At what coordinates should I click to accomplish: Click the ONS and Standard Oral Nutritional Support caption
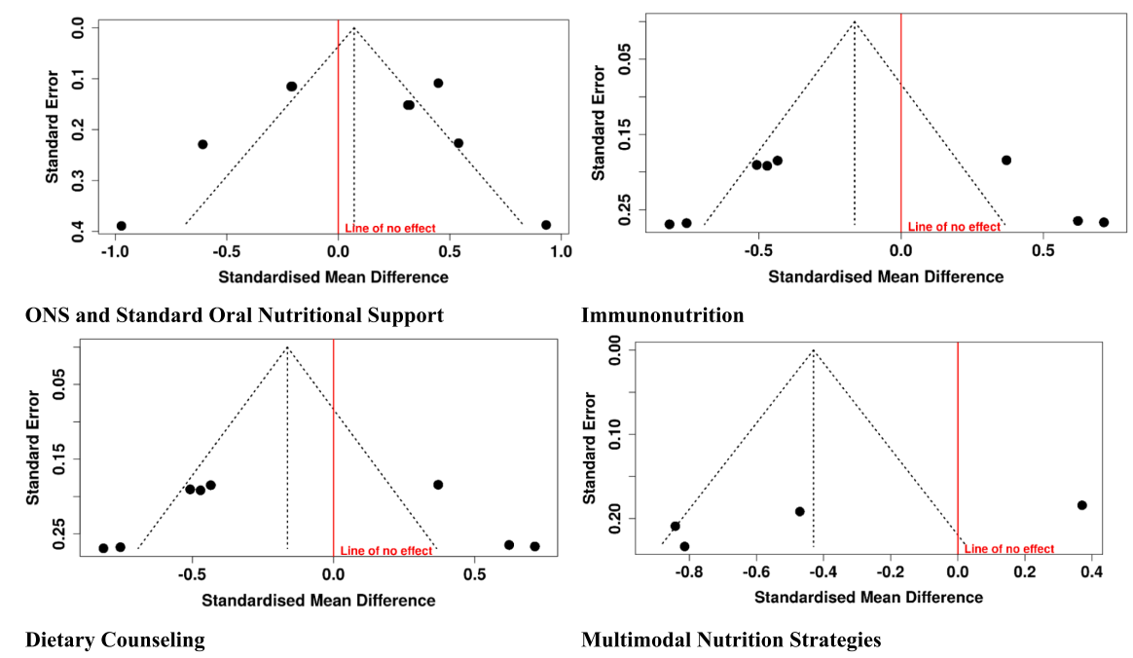pos(234,315)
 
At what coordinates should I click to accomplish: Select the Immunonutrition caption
pos(662,315)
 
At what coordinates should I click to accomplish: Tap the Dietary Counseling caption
pos(115,640)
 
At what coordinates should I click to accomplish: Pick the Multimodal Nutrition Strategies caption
pos(731,640)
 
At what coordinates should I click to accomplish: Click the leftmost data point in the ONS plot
pos(122,226)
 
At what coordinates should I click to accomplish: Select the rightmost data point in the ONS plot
pos(546,225)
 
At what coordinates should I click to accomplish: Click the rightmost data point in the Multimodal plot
pos(1082,505)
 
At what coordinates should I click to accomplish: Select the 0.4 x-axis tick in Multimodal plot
pos(1091,572)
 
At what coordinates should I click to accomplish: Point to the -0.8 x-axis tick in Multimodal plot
pos(689,572)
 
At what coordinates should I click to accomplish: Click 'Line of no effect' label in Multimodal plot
pos(1008,549)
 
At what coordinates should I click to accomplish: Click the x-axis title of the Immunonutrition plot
pos(886,276)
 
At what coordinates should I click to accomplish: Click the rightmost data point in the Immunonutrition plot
pos(1104,222)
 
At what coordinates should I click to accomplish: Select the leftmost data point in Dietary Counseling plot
pos(103,548)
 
